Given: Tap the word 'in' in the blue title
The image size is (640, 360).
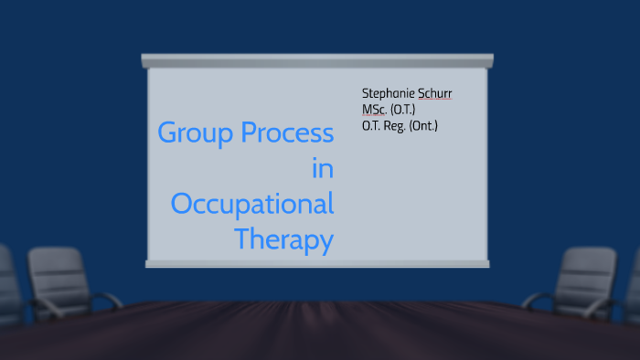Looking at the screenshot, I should coord(322,168).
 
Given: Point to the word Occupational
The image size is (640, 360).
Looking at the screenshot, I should coord(252,205).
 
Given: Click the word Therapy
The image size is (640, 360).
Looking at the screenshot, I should coord(283,239).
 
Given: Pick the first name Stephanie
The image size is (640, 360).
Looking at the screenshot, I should coord(389,94).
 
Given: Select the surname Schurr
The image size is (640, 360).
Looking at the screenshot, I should coord(435,94).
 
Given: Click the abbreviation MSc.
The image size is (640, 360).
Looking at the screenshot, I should coord(372,110).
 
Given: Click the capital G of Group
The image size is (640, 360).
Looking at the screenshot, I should coord(166,133).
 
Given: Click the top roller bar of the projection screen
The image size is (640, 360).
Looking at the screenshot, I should coord(317,60).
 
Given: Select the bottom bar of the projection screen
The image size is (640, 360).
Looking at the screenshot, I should coord(317,263).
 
